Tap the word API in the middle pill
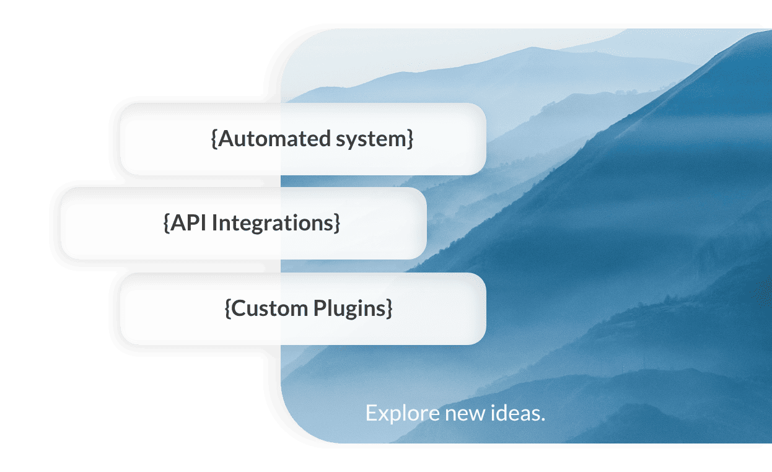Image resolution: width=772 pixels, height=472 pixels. click(189, 223)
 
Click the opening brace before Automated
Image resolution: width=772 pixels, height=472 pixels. click(214, 139)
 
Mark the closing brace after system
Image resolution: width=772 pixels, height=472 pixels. click(410, 139)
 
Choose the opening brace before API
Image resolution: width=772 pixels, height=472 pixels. click(166, 224)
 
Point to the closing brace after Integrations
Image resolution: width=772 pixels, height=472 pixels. click(337, 224)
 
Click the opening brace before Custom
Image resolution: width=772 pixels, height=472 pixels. click(227, 308)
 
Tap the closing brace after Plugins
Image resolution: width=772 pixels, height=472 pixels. click(389, 308)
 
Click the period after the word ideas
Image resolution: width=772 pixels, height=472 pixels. click(543, 419)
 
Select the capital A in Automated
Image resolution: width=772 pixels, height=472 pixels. click(224, 139)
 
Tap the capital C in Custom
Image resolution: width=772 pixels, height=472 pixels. click(238, 308)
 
